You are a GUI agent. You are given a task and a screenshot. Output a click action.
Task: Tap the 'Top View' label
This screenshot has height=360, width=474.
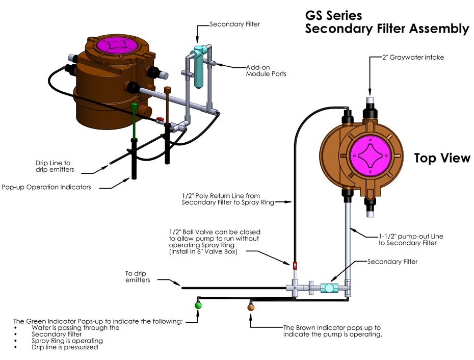[442, 158]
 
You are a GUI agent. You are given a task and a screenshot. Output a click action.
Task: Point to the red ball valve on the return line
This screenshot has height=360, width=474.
[295, 265]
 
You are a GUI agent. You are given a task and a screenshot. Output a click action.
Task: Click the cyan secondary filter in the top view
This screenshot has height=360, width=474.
[330, 288]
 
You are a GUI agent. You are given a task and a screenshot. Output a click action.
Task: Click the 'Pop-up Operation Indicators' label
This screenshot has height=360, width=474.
[46, 187]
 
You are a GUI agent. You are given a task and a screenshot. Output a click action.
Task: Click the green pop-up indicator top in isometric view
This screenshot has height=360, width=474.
[134, 106]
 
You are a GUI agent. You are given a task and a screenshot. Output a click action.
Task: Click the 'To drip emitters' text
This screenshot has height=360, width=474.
[138, 276]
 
